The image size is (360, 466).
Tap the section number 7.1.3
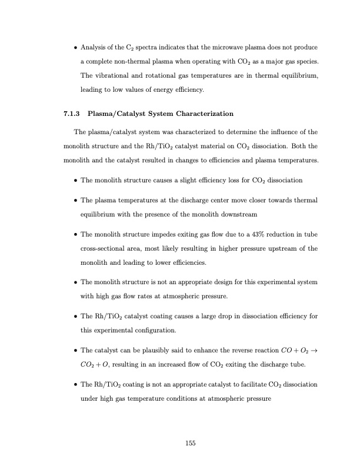(x=74, y=113)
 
